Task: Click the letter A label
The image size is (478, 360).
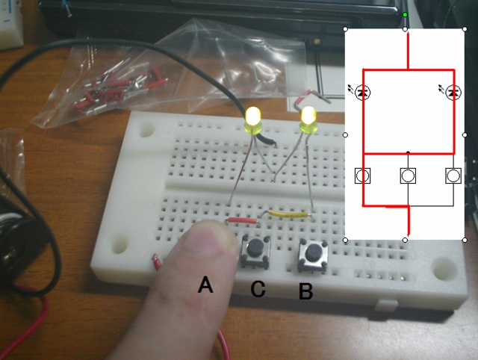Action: coord(205,285)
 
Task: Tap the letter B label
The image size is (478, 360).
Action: coord(305,291)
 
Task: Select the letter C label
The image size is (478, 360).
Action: coord(258,289)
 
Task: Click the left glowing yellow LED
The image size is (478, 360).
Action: coord(253,119)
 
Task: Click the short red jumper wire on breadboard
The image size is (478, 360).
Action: coord(243,220)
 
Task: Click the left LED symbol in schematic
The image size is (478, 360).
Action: coord(363,93)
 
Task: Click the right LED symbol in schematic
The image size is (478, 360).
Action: coord(452,93)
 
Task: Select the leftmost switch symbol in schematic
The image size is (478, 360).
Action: coord(363,176)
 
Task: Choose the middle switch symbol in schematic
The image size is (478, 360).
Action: coord(408,176)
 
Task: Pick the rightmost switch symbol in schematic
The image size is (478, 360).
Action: coord(452,176)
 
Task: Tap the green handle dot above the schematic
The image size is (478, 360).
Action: coord(405,14)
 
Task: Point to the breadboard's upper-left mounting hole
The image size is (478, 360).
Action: coord(146,128)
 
